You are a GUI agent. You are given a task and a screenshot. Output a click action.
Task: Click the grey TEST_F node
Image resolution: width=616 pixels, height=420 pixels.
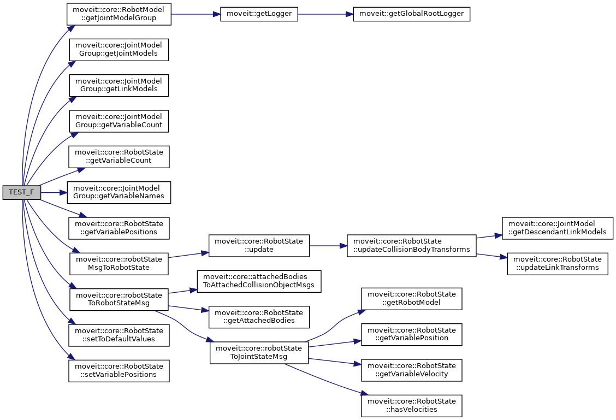22,192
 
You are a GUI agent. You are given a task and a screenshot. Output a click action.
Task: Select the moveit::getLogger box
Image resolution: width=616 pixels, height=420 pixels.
259,14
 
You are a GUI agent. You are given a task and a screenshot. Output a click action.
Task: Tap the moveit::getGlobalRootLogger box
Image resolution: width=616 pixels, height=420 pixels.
412,14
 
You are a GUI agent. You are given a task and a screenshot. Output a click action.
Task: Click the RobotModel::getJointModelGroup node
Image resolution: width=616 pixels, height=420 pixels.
119,14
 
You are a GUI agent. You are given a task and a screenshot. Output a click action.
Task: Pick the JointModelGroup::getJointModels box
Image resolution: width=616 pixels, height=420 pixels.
118,50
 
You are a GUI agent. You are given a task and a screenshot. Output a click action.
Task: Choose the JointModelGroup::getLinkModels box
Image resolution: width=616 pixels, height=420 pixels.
118,85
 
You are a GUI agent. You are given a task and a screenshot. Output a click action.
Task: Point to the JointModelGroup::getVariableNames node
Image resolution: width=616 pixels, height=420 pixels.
118,192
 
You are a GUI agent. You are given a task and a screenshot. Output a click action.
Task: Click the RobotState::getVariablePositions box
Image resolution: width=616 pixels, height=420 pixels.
119,228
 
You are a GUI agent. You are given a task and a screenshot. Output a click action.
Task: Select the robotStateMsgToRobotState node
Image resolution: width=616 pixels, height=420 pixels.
119,263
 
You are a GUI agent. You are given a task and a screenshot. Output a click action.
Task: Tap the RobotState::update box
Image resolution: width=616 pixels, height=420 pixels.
259,246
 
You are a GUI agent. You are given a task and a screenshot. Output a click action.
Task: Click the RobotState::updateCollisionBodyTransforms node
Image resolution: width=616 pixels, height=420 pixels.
411,246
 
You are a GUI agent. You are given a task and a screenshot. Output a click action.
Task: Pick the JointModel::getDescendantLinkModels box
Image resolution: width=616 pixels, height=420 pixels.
558,228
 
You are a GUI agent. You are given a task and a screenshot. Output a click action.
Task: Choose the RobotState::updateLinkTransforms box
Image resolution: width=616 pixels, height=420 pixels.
558,263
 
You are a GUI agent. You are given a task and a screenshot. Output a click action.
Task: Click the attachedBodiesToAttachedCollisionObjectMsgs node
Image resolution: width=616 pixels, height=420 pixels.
259,281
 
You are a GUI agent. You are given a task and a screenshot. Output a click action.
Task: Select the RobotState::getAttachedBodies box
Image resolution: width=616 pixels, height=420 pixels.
259,317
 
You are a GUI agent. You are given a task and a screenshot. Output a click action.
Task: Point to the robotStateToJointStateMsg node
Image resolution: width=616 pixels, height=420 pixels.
259,352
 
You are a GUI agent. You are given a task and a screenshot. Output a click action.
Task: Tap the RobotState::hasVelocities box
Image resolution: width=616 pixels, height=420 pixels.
412,406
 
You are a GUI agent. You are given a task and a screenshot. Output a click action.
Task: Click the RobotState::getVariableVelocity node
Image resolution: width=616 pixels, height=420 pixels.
412,370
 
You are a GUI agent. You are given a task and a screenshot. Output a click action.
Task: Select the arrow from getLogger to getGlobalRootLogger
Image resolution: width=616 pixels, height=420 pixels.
325,14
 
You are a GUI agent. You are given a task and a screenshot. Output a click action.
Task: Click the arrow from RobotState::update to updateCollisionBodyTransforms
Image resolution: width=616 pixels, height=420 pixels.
328,246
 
